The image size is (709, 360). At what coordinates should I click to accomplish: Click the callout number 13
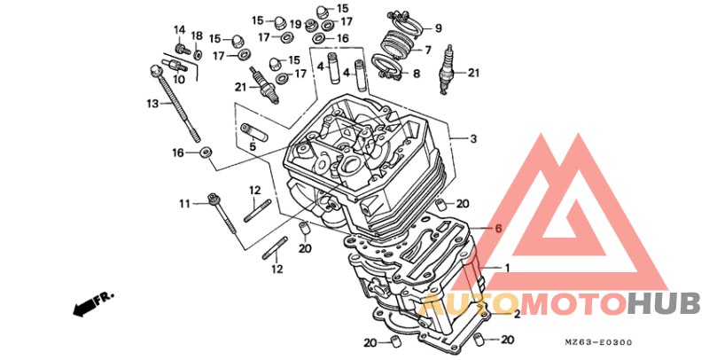pos(152,104)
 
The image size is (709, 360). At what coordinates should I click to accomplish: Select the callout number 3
pos(473,139)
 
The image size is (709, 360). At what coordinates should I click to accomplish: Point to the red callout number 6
pos(498,229)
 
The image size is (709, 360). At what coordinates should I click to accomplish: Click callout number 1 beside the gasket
pos(507,268)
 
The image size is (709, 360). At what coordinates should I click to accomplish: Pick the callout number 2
pos(516,314)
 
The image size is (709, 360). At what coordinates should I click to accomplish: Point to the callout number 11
pos(184,204)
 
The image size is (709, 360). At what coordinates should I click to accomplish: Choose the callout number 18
pos(197,35)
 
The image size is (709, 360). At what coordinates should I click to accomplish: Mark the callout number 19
pos(295,24)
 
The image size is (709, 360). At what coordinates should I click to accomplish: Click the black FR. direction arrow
pos(85,307)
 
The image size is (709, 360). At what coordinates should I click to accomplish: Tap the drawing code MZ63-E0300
pos(600,342)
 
